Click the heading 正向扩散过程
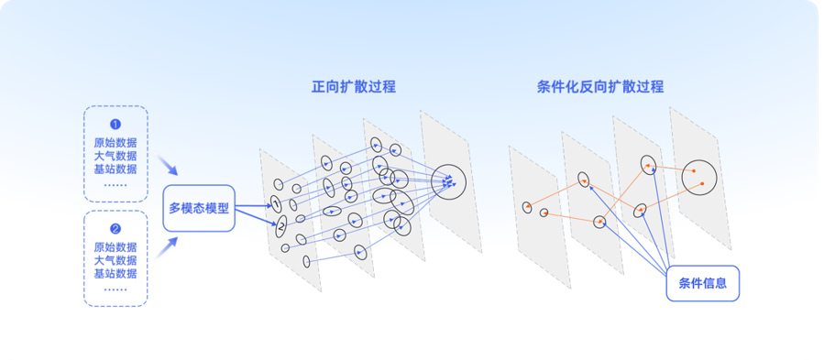coord(353,87)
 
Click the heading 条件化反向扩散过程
coord(600,87)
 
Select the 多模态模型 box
coord(199,208)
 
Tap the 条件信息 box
coord(703,283)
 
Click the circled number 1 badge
coord(115,125)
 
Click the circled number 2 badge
coord(115,229)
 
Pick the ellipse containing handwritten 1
coord(276,203)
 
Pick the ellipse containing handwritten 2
coord(281,226)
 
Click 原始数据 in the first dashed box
coord(115,142)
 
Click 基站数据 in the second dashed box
coord(115,273)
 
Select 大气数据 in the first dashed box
coord(115,156)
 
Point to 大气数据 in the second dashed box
coord(115,260)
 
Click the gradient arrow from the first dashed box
coord(168,165)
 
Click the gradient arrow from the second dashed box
coord(167,248)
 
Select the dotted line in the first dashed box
coord(115,185)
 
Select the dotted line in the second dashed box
coord(115,289)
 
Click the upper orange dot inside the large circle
coord(694,170)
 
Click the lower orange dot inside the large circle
coord(703,183)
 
